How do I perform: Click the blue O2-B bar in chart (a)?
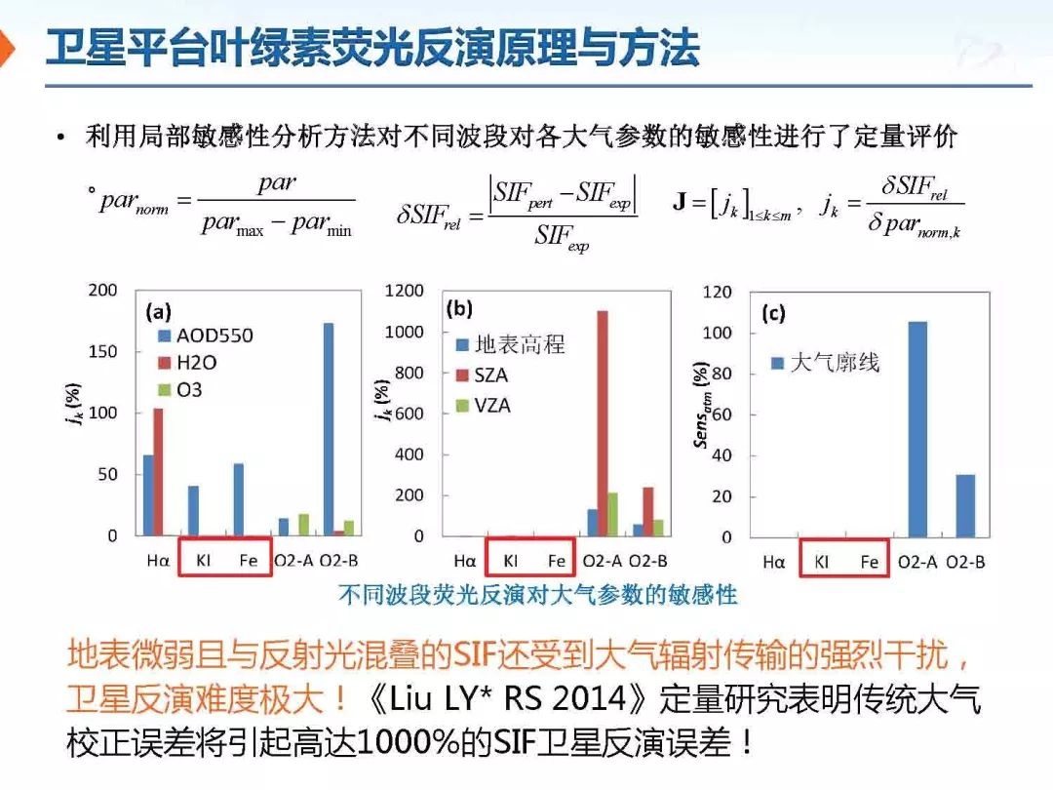[x=329, y=429]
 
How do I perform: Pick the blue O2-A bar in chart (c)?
[x=917, y=429]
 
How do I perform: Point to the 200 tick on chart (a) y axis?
[x=102, y=291]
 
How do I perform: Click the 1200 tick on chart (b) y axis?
[x=405, y=291]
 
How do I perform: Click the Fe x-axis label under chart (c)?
[x=869, y=562]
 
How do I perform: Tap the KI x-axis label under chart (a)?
[x=203, y=561]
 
